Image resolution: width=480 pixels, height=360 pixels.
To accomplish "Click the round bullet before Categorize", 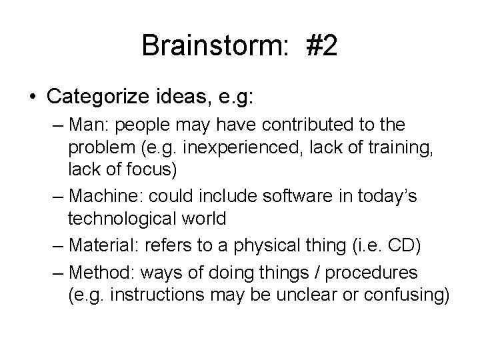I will click(x=33, y=97).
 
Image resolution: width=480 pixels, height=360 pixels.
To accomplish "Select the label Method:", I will click(x=99, y=273).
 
